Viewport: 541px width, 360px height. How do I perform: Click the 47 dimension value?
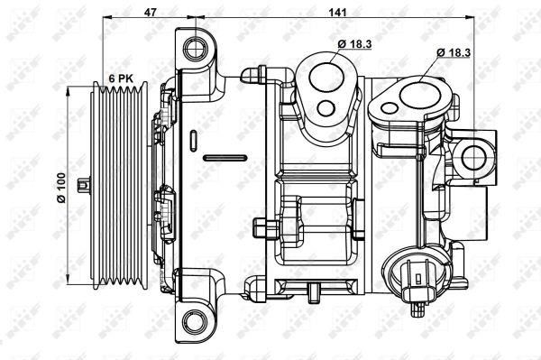tap(150, 12)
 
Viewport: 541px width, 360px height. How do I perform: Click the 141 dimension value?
tap(337, 12)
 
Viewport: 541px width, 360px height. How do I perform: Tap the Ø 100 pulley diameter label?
tap(61, 188)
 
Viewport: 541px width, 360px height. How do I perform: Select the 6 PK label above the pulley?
tap(121, 78)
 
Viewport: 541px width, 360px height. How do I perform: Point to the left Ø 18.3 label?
tap(354, 44)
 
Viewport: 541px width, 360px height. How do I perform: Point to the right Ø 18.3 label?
tap(454, 52)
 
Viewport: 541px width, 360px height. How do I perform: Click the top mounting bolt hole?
tap(196, 49)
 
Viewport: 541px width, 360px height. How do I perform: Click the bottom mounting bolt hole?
tap(196, 322)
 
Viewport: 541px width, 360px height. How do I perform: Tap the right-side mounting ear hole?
tap(473, 158)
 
